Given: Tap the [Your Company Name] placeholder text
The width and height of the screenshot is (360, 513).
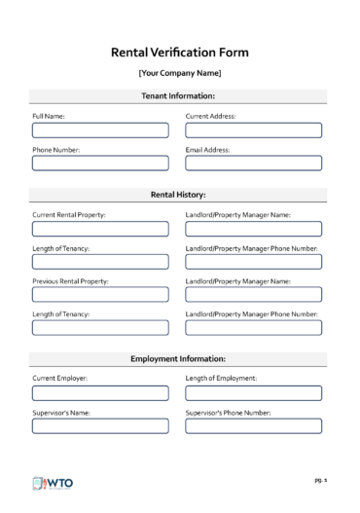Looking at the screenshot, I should (x=179, y=74).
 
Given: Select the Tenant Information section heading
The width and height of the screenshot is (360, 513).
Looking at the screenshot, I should (x=179, y=95).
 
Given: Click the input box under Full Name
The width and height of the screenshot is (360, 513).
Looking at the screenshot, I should (x=99, y=129).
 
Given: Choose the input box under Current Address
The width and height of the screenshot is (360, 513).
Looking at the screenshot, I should (x=253, y=129).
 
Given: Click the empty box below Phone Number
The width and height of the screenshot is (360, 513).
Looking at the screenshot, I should (x=99, y=164).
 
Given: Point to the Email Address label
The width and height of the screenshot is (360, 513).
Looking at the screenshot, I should (x=207, y=150).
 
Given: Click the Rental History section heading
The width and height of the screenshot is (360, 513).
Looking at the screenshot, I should (x=179, y=195).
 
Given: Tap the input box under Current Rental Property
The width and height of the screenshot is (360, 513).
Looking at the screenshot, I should (x=99, y=229).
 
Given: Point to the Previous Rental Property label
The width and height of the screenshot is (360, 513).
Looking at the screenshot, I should (x=70, y=281).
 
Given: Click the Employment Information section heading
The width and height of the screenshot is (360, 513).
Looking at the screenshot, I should (x=179, y=359).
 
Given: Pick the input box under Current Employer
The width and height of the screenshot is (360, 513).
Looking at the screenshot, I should (x=99, y=393).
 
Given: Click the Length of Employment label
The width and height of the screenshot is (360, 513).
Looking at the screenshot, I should (x=220, y=378).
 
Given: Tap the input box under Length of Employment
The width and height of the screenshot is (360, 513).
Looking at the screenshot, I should (x=253, y=393).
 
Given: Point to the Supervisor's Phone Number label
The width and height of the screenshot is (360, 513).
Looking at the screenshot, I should (x=228, y=413).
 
